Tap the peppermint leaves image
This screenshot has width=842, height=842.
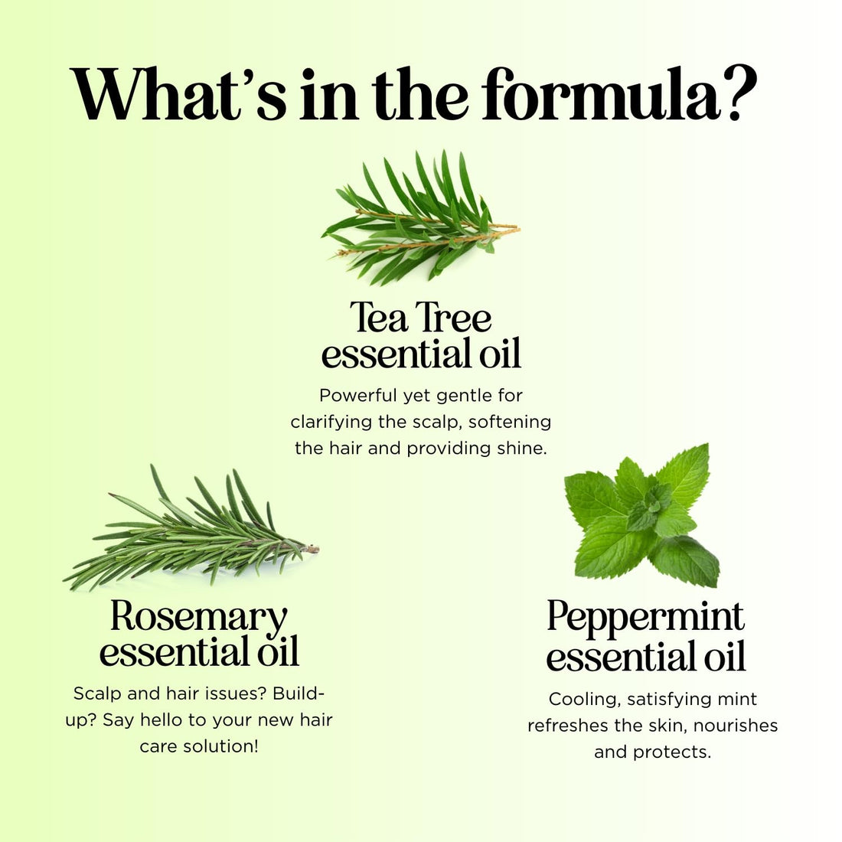pyautogui.click(x=641, y=514)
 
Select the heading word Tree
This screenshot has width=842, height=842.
pyautogui.click(x=456, y=318)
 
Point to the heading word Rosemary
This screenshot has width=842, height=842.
pyautogui.click(x=199, y=616)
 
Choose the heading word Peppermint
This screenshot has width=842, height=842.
pyautogui.click(x=645, y=617)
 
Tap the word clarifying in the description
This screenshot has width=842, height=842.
pyautogui.click(x=331, y=422)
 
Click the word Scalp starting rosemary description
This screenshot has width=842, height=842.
pyautogui.click(x=96, y=694)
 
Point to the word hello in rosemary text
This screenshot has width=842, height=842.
pyautogui.click(x=166, y=720)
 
